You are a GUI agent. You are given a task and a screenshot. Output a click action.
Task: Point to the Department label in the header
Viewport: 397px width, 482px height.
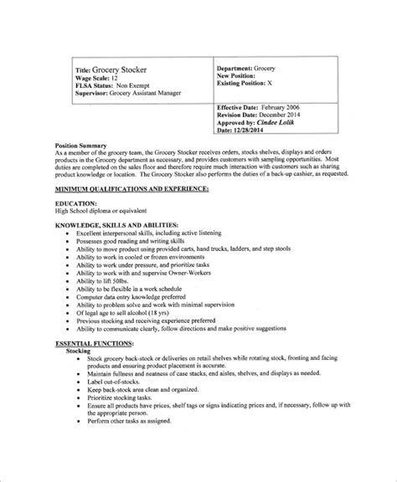(x=240, y=66)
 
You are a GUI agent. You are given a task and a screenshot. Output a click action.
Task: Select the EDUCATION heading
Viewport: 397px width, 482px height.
(x=78, y=203)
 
